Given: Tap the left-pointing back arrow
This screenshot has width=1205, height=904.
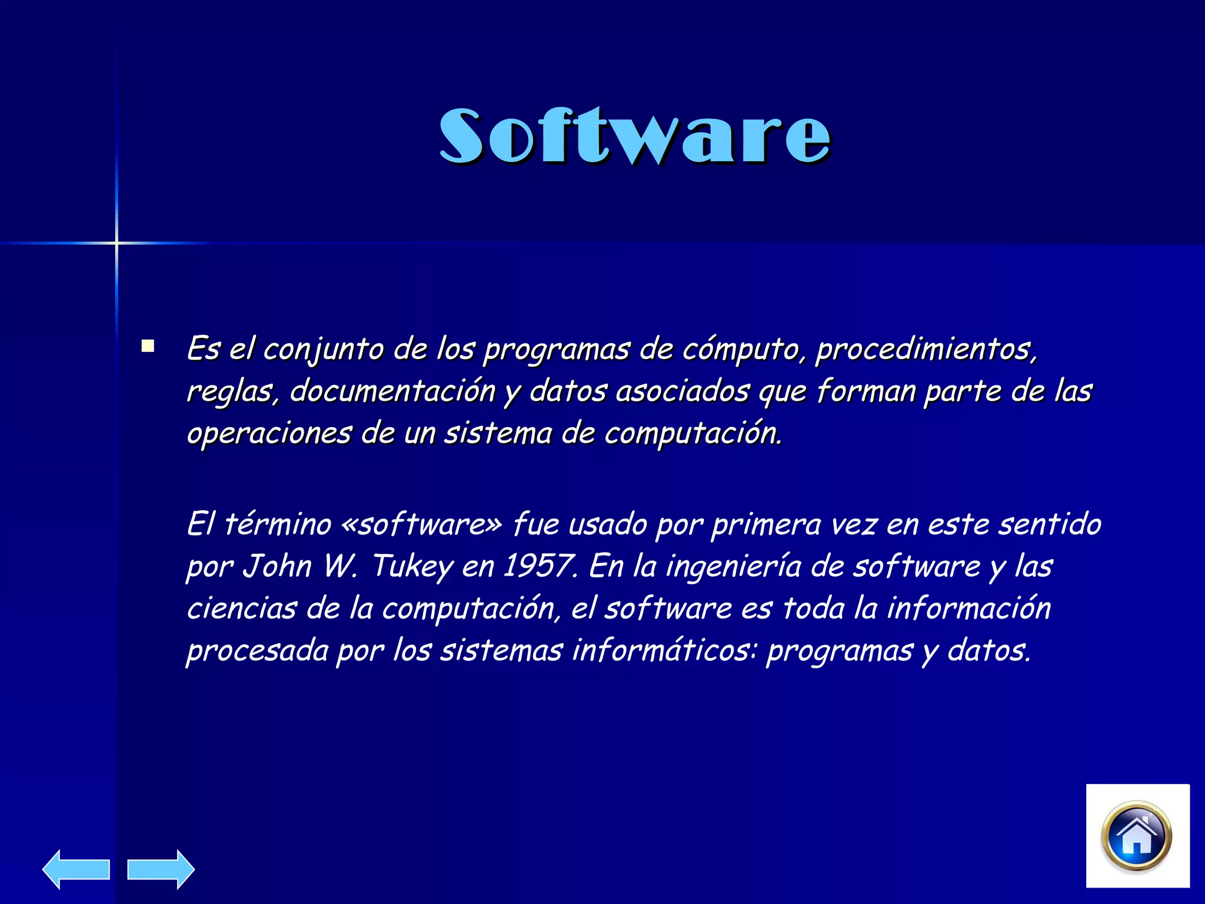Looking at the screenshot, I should click(76, 869).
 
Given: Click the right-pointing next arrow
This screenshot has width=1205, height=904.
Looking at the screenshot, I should click(161, 869).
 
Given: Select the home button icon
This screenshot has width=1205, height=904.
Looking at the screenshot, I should click(1137, 836).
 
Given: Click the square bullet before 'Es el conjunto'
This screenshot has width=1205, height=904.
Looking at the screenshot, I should click(148, 346).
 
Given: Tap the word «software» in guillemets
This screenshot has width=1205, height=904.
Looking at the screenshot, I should click(421, 524).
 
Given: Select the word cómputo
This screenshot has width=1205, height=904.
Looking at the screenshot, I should click(741, 350).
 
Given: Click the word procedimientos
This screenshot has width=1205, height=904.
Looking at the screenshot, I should click(925, 350).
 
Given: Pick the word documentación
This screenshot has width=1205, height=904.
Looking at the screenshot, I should click(392, 391).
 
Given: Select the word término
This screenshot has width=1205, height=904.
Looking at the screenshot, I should click(278, 524).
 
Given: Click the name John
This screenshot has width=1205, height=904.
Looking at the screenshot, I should click(277, 566).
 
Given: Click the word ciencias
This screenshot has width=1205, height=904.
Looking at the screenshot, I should click(241, 609).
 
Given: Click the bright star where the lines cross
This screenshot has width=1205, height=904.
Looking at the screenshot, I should click(116, 242).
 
